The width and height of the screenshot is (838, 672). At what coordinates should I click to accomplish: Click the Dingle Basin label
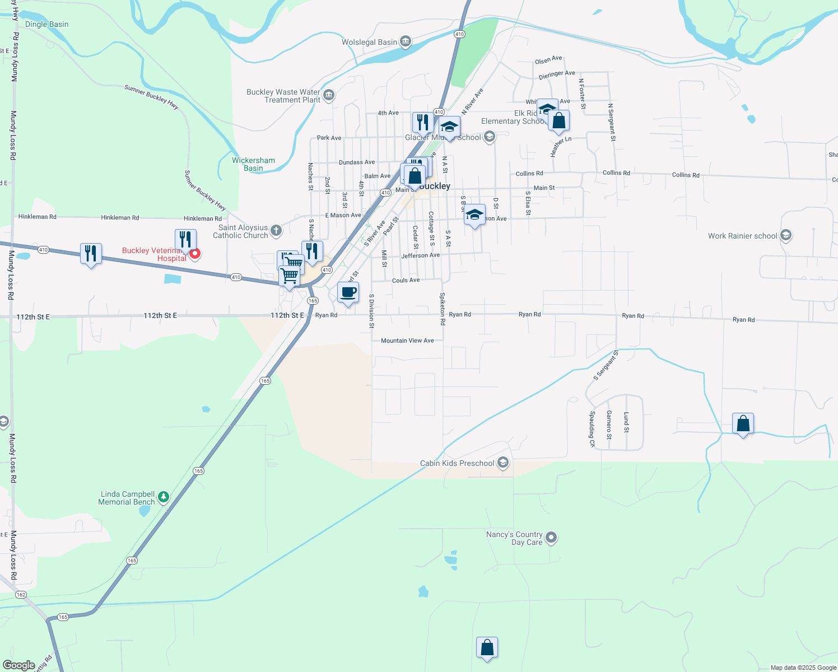tap(46, 25)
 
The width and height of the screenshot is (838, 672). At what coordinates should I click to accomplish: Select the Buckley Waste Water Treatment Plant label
tap(283, 96)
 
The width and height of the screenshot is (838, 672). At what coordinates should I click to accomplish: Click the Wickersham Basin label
tap(253, 164)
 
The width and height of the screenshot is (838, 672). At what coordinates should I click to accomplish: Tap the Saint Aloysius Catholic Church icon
tap(276, 230)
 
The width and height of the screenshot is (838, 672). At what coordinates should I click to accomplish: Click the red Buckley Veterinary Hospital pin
tap(195, 254)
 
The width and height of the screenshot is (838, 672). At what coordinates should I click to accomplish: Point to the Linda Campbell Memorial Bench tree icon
tap(164, 497)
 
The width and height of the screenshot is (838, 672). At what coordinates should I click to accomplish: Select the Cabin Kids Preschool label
tap(457, 464)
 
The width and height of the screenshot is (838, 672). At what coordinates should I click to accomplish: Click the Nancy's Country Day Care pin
tap(551, 538)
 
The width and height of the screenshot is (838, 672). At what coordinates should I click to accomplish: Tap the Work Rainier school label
tap(742, 236)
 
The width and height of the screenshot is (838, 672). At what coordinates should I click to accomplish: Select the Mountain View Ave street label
tap(407, 340)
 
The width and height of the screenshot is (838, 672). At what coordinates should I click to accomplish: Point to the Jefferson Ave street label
tap(421, 255)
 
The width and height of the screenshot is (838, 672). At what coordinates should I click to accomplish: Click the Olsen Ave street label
tap(548, 60)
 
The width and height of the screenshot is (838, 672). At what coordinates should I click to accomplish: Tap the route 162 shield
tap(21, 594)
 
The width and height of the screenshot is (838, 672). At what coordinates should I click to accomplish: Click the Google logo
tap(18, 665)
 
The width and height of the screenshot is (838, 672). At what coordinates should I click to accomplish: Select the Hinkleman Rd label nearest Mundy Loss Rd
tap(37, 217)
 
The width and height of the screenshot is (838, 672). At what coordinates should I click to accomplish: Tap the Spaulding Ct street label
tap(592, 429)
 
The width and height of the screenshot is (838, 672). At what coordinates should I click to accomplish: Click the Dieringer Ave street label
tap(557, 74)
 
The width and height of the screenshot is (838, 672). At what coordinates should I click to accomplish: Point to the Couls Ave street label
tap(406, 281)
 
